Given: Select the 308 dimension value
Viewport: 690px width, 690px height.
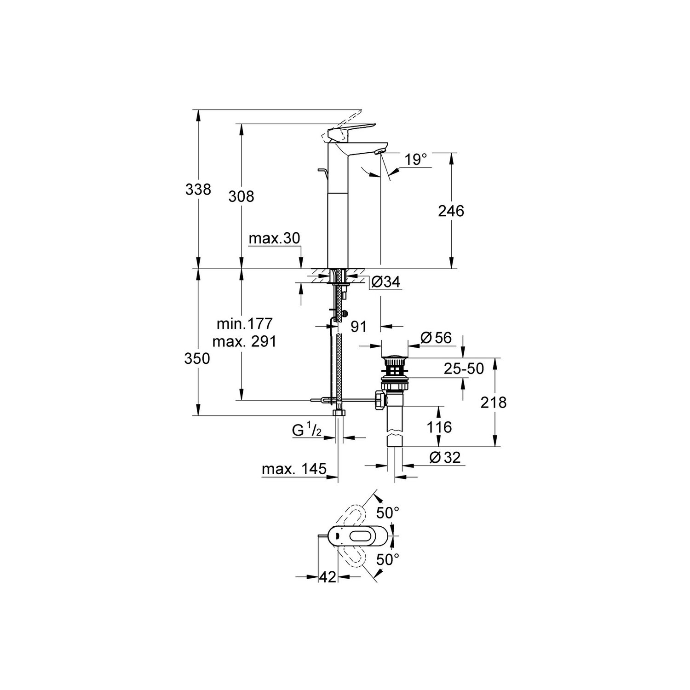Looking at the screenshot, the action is pyautogui.click(x=241, y=196).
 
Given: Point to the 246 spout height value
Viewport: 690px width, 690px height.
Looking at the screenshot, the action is pyautogui.click(x=451, y=211).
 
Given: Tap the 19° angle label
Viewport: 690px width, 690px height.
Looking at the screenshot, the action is pyautogui.click(x=416, y=160).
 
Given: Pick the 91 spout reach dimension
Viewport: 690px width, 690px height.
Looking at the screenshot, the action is pyautogui.click(x=358, y=327).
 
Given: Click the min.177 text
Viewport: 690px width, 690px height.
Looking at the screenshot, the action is pyautogui.click(x=245, y=323).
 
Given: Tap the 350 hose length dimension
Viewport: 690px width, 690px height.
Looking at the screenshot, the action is pyautogui.click(x=197, y=358).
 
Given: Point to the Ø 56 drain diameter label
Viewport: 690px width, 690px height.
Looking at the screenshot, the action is pyautogui.click(x=436, y=338).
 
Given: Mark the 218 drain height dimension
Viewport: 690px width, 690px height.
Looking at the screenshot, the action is pyautogui.click(x=493, y=402).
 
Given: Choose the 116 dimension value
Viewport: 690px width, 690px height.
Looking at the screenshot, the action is pyautogui.click(x=439, y=427).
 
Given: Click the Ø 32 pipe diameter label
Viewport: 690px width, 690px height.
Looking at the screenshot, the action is pyautogui.click(x=445, y=457).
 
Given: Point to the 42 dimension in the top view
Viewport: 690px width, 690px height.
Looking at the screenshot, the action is pyautogui.click(x=328, y=577).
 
